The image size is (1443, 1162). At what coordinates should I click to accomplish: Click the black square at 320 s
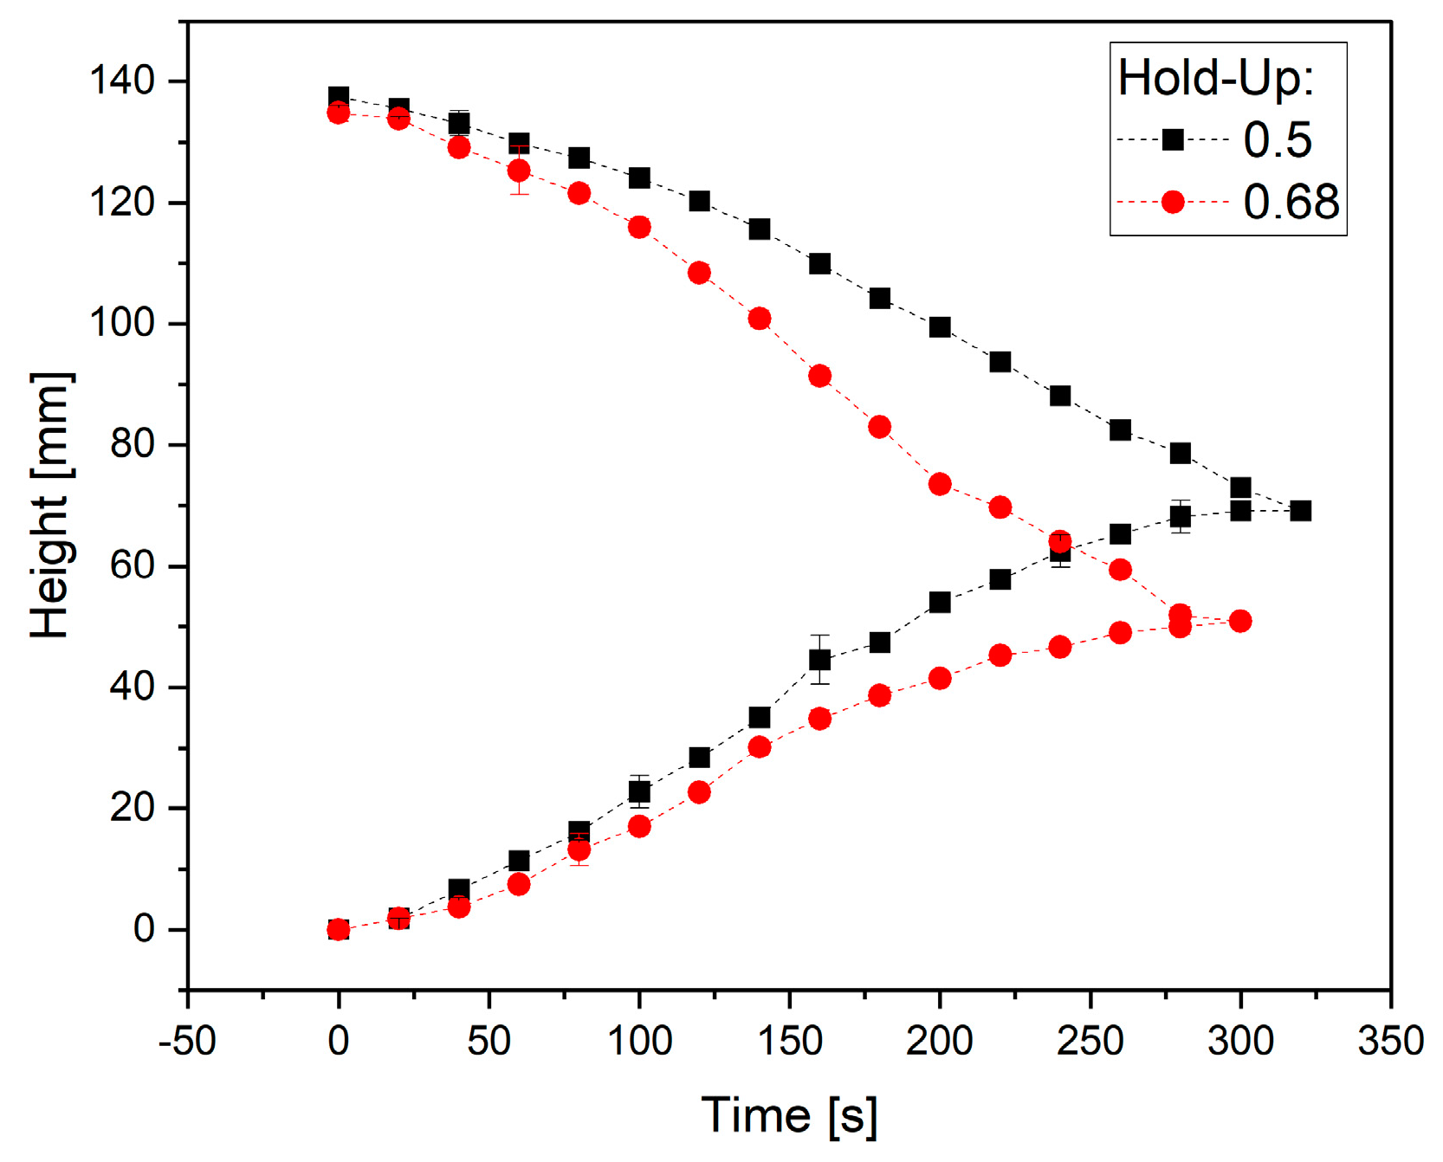click(x=1300, y=511)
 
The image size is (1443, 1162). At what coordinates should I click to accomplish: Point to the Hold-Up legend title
click(x=1216, y=78)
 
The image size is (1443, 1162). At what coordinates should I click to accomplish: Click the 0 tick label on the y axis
click(x=144, y=929)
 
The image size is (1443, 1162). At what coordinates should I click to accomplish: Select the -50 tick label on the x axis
click(x=187, y=1041)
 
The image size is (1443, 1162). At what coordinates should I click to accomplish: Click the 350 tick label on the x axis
click(x=1390, y=1041)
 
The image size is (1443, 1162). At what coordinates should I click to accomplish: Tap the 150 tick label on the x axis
click(x=789, y=1041)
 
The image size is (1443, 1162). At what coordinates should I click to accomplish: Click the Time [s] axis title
click(x=789, y=1114)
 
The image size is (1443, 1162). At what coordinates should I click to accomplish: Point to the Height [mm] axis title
click(x=50, y=506)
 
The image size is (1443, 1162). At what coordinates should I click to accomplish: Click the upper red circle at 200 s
click(x=940, y=484)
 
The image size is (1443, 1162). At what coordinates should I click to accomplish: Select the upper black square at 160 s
click(x=819, y=263)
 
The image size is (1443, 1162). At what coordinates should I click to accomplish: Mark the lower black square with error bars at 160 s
click(x=819, y=660)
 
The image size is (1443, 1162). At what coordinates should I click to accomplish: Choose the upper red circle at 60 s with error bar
click(x=519, y=170)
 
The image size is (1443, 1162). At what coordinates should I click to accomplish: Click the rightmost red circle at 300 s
click(x=1239, y=621)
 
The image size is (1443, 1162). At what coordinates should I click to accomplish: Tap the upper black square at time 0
click(x=339, y=97)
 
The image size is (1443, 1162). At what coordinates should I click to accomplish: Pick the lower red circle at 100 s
click(x=639, y=826)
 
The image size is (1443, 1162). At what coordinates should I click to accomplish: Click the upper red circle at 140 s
click(x=760, y=319)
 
